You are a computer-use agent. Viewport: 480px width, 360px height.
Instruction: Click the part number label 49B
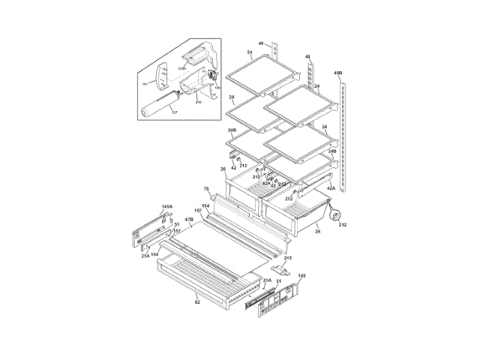point(338,73)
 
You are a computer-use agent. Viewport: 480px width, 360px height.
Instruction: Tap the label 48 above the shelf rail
point(308,56)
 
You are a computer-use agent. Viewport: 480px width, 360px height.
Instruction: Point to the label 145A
point(166,206)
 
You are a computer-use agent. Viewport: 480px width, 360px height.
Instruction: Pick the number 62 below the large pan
point(197,302)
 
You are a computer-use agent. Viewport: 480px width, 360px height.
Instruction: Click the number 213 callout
point(287,258)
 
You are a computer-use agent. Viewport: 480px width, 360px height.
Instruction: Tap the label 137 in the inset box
point(174,112)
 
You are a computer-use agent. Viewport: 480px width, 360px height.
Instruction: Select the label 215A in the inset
point(182,69)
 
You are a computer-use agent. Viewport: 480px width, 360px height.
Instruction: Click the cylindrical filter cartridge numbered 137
point(157,103)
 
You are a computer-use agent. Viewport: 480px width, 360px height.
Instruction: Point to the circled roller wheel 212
point(334,213)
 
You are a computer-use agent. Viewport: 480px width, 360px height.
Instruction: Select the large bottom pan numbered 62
point(199,277)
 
